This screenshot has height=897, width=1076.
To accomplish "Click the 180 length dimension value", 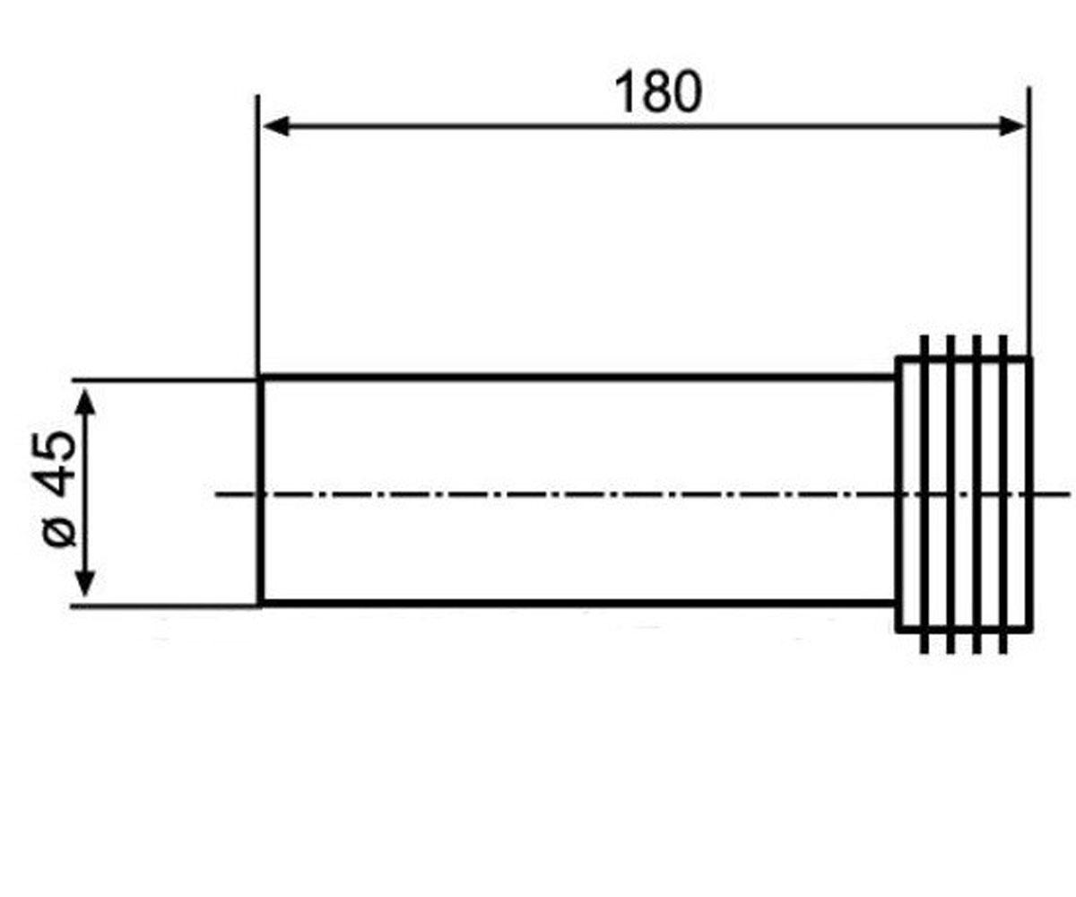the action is point(658,92).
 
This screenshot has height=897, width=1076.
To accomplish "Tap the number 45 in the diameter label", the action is point(56,465).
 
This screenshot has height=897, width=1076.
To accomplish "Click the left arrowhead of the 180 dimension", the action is point(276,126).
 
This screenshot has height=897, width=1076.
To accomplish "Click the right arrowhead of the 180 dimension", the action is point(1011,126).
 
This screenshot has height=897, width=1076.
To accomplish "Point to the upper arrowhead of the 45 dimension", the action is point(85,401).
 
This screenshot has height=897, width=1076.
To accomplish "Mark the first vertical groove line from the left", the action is point(924,494).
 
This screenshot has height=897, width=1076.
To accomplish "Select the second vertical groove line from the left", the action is point(950,494).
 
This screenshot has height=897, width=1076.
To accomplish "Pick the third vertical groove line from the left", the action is point(976,494).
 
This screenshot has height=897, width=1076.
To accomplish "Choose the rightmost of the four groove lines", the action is point(1002,494).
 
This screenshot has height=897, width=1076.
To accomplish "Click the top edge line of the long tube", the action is point(578,378).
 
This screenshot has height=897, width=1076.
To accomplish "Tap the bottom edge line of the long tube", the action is point(578,603).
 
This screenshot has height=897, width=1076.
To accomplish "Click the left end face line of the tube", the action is point(261,491).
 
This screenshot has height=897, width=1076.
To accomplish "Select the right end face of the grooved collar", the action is point(1029,494).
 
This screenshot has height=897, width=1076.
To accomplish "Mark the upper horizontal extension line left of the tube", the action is point(164,380).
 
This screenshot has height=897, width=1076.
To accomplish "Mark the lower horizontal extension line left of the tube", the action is point(164,606).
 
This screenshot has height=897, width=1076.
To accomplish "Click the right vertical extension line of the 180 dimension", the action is point(1028,222).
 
